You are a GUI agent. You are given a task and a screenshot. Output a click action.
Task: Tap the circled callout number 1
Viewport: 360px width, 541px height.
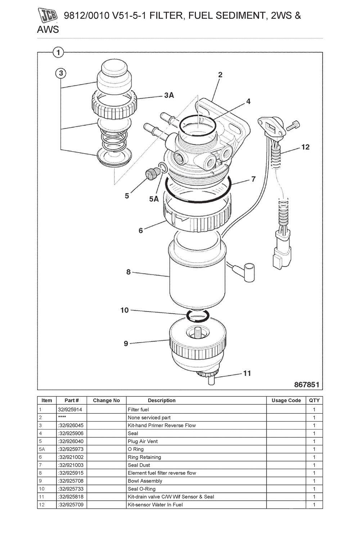(x=58, y=53)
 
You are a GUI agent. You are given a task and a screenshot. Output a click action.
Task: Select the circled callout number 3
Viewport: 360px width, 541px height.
(x=61, y=73)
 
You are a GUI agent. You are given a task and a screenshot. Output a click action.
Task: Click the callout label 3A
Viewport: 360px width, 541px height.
(x=168, y=95)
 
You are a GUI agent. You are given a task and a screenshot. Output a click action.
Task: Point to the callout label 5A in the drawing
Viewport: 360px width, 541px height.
(x=154, y=199)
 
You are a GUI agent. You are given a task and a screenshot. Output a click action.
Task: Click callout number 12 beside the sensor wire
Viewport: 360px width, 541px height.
(x=305, y=147)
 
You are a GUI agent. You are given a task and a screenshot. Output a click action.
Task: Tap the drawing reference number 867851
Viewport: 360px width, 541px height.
(x=306, y=385)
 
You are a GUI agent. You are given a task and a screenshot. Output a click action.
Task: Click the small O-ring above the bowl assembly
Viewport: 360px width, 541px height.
(x=197, y=315)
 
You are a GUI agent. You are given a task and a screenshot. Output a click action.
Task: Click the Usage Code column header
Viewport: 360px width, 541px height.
(x=286, y=400)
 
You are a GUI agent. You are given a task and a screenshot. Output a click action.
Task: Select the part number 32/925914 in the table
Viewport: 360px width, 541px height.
(x=68, y=409)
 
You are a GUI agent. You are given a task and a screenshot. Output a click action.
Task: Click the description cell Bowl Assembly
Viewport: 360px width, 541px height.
(x=145, y=481)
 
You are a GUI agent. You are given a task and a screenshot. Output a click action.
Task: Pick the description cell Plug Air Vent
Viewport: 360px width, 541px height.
(x=143, y=441)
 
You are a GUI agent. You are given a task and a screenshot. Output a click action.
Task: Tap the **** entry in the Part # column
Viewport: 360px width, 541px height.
(x=62, y=417)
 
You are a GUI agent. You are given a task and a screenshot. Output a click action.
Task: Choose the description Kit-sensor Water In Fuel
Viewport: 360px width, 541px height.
(x=155, y=505)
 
